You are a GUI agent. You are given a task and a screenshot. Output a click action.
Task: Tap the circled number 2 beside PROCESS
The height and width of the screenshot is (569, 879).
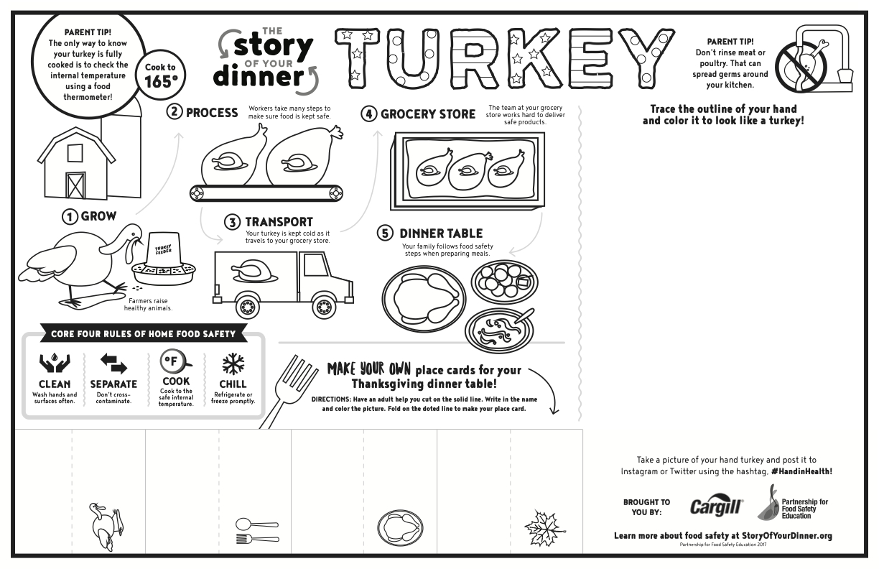tap(175, 113)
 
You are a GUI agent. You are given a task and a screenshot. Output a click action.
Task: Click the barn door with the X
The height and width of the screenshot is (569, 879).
tap(75, 185)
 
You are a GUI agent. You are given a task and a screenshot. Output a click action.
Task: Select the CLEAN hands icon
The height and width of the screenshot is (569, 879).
tap(54, 364)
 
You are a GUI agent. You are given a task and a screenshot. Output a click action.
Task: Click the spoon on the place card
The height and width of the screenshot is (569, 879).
tap(256, 524)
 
